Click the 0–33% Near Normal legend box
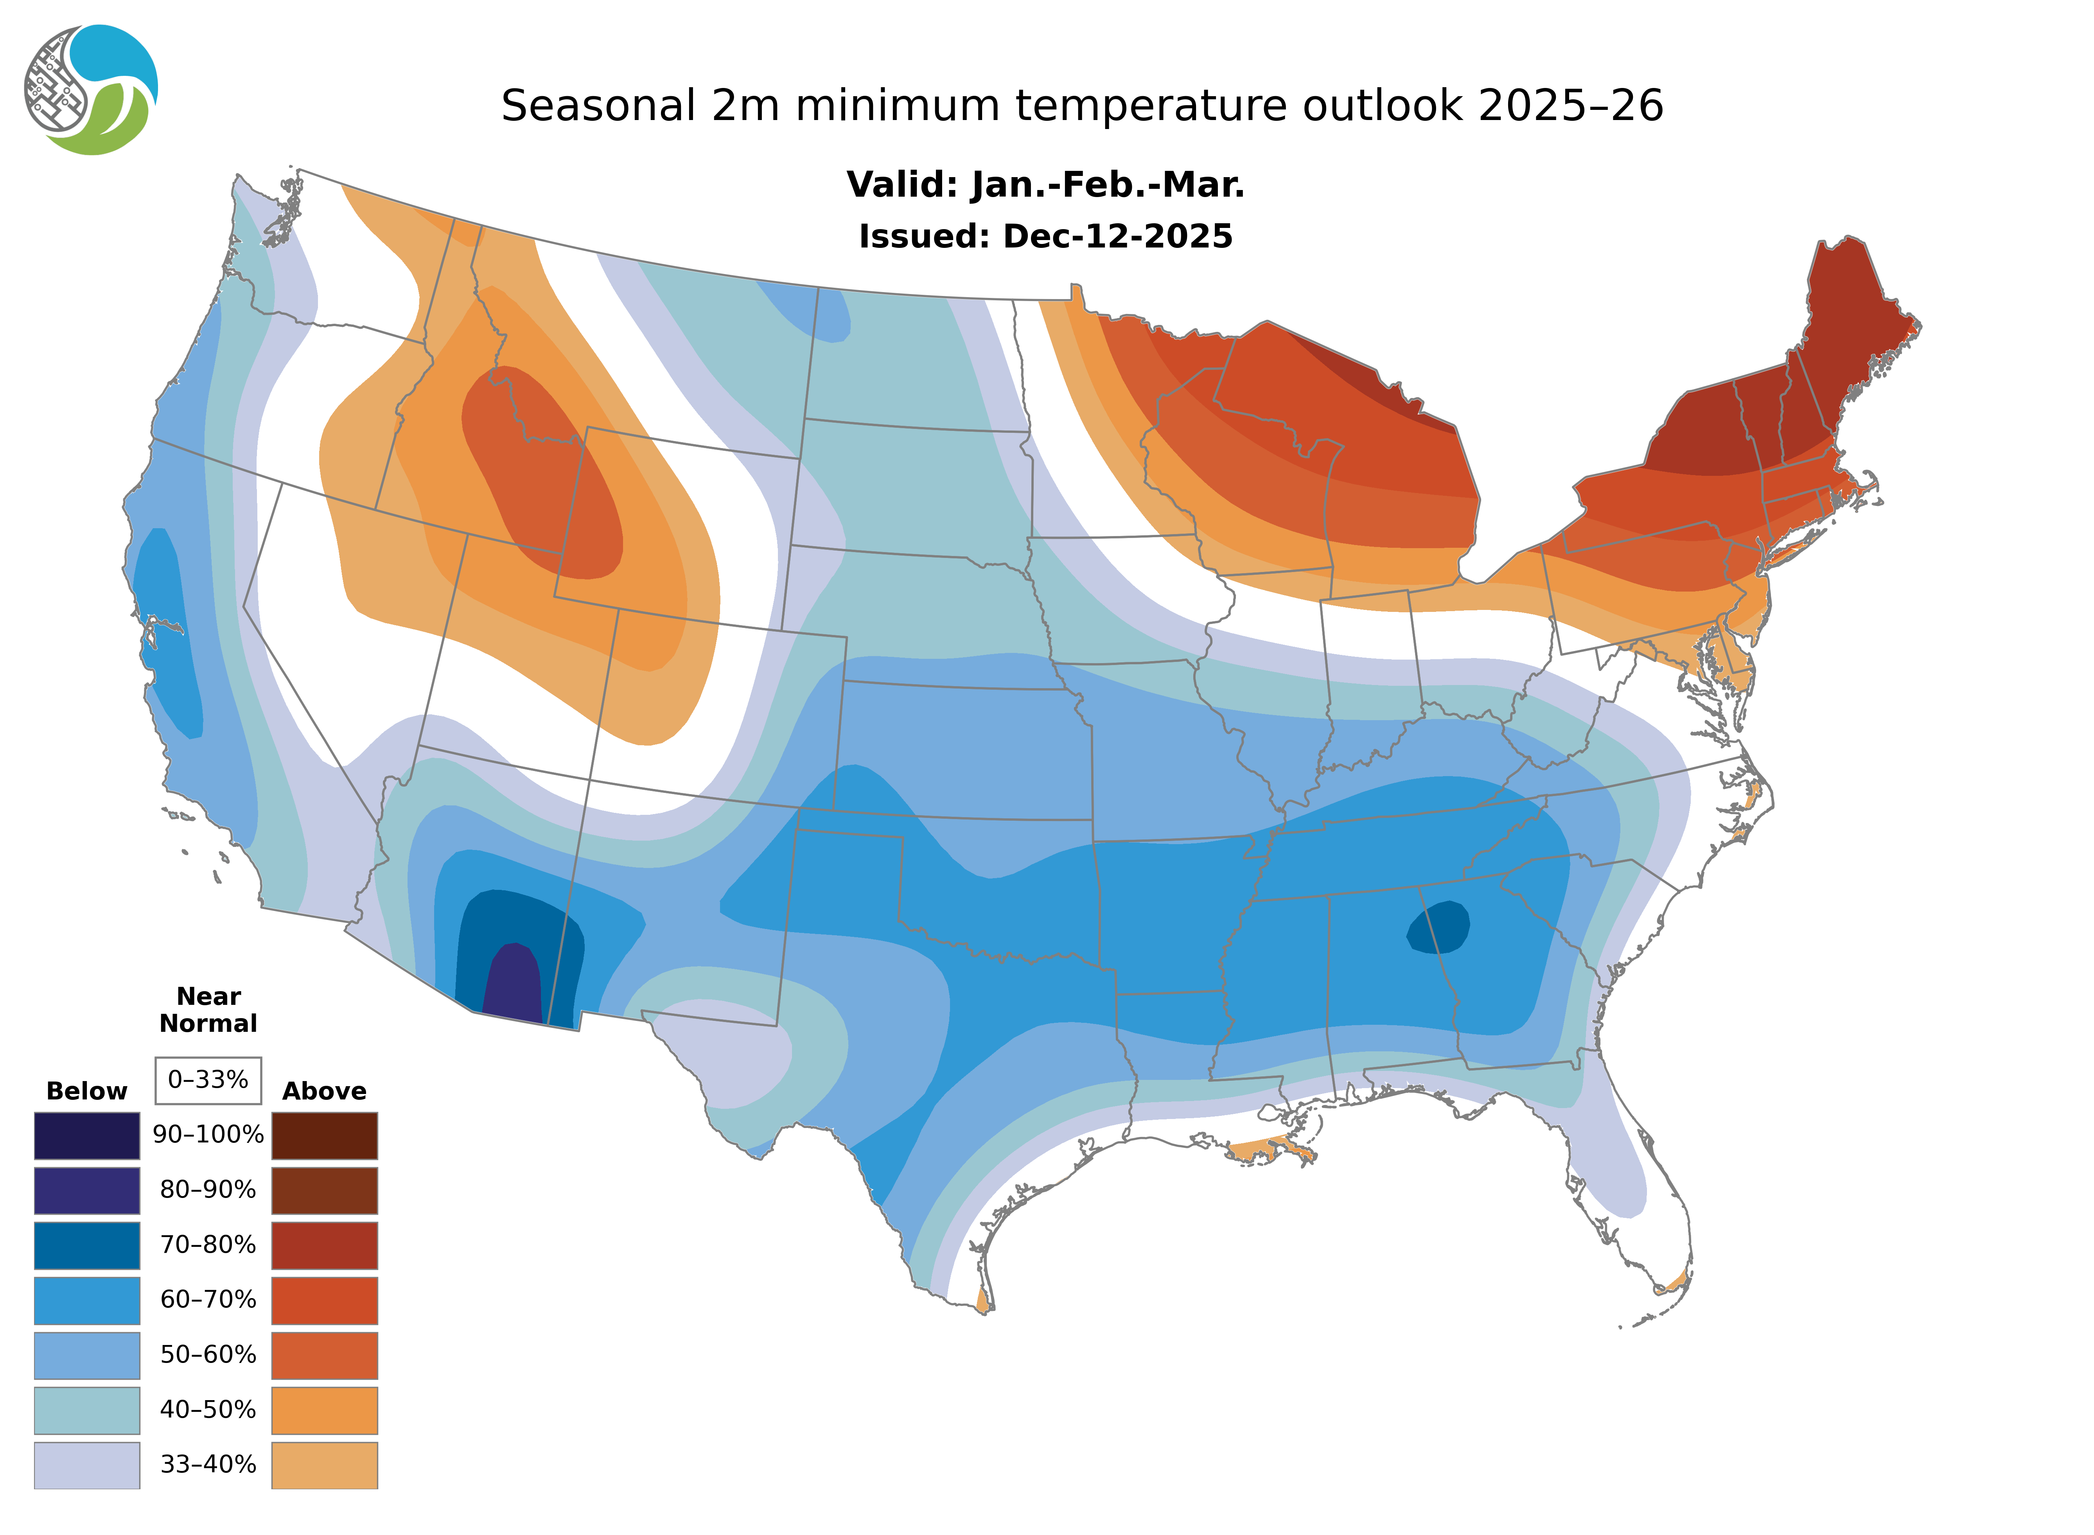(208, 1080)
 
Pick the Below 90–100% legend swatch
(86, 1135)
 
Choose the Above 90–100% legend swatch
(324, 1135)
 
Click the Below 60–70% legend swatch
(86, 1300)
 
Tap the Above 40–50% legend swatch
(324, 1409)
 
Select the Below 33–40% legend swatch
(86, 1464)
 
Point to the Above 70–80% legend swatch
(324, 1245)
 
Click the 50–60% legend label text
(208, 1355)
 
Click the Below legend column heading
(86, 1091)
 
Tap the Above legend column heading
(324, 1091)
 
